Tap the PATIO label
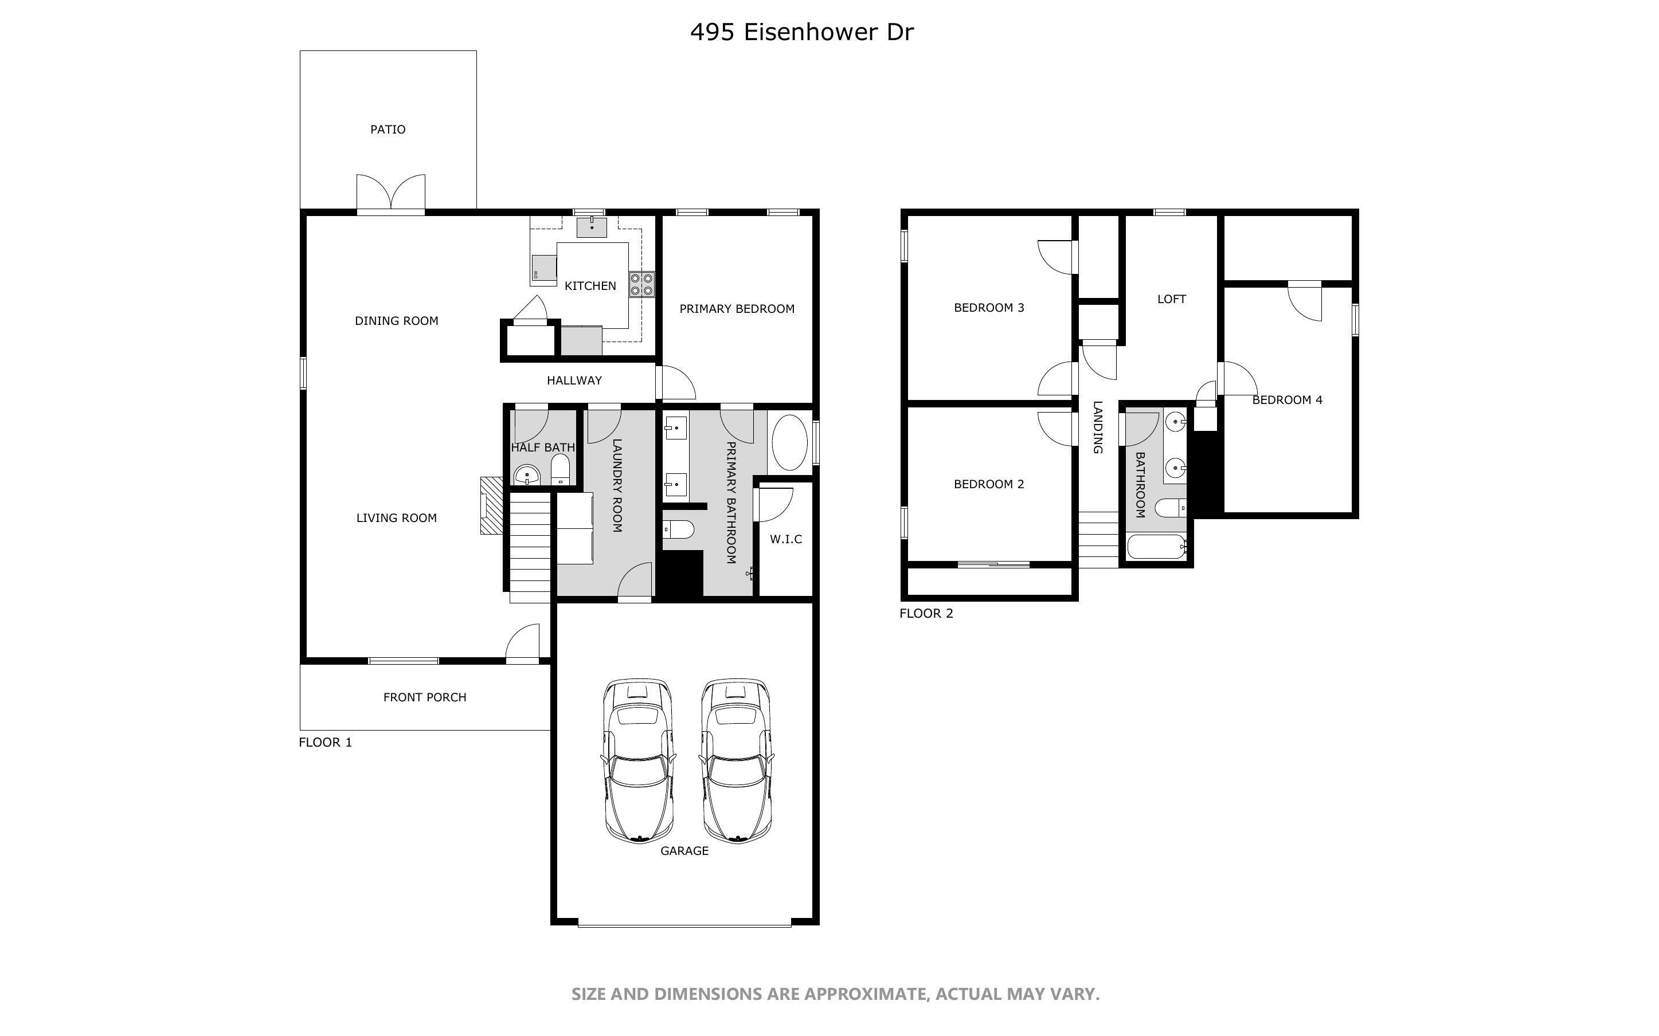[x=388, y=129]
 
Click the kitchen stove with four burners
[x=641, y=284]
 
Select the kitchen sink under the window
[x=592, y=226]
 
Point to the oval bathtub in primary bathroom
[x=789, y=442]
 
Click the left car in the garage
[x=639, y=760]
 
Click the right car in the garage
[x=737, y=760]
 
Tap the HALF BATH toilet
[x=560, y=469]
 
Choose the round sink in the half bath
[x=527, y=474]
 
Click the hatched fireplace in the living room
[x=492, y=505]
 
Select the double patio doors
[x=390, y=193]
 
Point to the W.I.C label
[x=786, y=539]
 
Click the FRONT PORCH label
[x=425, y=697]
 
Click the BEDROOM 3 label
[x=989, y=308]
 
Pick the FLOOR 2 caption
[x=926, y=613]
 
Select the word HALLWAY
[x=574, y=380]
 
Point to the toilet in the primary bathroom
[x=679, y=529]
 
